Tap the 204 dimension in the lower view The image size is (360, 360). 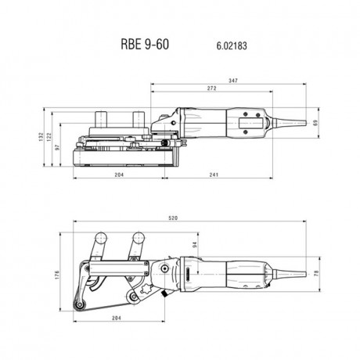tap(116, 319)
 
